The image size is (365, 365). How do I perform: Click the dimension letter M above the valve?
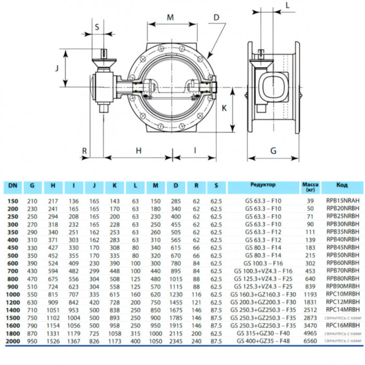point(170,17)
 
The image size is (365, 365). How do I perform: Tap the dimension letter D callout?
point(216,17)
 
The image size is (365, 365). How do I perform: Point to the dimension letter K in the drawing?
point(223,108)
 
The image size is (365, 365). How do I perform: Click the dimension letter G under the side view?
point(273,151)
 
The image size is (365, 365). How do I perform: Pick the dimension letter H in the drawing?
point(139,150)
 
